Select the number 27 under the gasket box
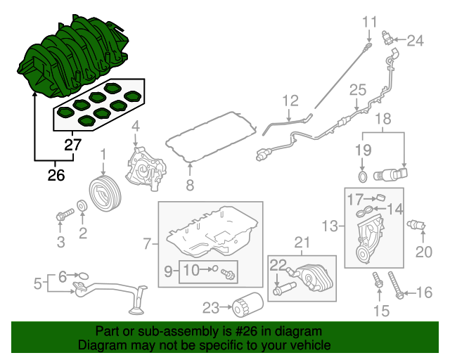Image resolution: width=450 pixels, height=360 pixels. point(73,146)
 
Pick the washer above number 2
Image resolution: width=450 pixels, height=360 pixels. point(82,206)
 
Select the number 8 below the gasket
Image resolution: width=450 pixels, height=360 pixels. point(189,186)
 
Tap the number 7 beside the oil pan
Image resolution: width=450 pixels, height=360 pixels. point(148,244)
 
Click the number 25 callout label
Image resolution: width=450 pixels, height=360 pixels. point(359,89)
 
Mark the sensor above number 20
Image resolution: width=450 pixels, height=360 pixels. point(417,225)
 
